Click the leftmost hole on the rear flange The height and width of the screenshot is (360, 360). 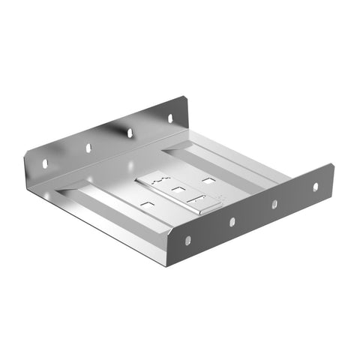[44, 162]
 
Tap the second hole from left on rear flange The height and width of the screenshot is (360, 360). [88, 148]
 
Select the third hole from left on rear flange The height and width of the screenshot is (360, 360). [130, 133]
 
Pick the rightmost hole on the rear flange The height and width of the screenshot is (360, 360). [169, 118]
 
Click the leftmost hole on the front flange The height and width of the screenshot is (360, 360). [187, 240]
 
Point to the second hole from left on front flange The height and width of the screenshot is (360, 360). [232, 222]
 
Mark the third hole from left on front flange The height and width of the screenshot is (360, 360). [274, 204]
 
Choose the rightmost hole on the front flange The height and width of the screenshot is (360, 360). [315, 186]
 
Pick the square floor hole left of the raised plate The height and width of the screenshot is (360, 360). [147, 203]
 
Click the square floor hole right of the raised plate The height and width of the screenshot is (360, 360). [208, 180]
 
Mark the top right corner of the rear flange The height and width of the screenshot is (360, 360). [184, 97]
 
